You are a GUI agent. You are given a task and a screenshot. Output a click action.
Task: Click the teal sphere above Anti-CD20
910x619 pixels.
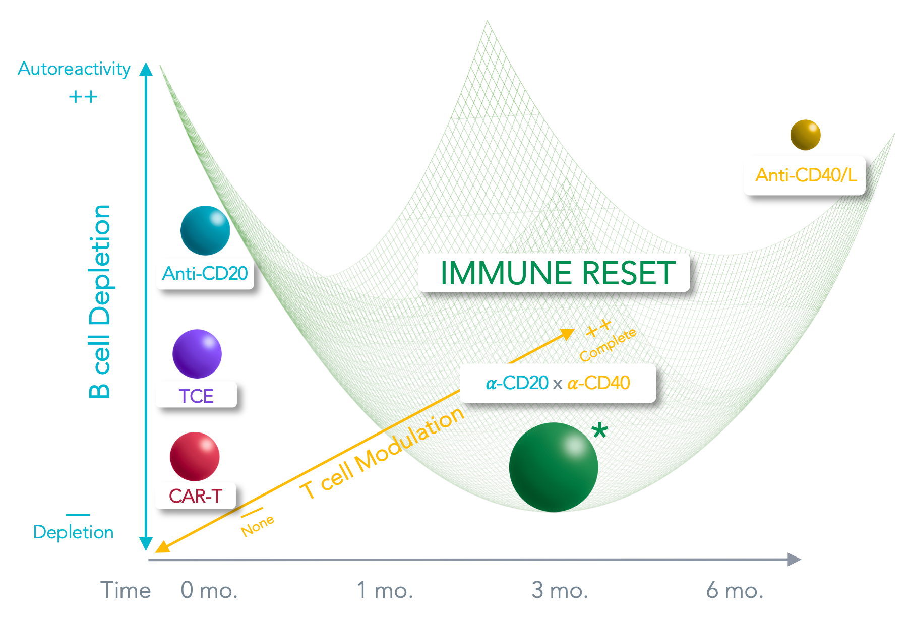(x=205, y=230)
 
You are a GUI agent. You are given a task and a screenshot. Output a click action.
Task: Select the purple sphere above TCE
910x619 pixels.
(x=197, y=354)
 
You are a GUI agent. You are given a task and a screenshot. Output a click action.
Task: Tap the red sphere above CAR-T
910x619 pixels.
(x=195, y=457)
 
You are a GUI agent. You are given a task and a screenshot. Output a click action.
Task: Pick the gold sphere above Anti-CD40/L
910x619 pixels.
(x=805, y=135)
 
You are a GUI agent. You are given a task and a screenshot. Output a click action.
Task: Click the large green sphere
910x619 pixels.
(x=553, y=467)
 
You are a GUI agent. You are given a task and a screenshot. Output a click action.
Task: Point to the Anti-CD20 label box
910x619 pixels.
(x=205, y=274)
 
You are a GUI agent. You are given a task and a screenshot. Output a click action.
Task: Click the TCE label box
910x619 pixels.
(x=196, y=395)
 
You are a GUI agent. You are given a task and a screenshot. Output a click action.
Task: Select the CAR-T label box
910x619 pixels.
(x=196, y=496)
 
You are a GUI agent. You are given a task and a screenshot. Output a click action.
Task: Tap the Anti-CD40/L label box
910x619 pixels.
(x=804, y=175)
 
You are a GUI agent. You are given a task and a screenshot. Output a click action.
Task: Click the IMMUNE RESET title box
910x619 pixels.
(x=554, y=273)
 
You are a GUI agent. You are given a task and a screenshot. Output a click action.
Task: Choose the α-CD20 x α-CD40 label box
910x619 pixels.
(x=558, y=383)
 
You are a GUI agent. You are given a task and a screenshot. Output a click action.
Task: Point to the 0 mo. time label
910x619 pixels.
(x=209, y=590)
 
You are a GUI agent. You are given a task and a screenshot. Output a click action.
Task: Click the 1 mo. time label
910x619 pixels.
(x=385, y=590)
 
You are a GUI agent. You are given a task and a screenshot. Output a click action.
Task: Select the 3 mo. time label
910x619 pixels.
(x=560, y=590)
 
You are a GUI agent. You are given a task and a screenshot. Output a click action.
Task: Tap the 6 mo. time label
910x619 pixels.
(x=735, y=590)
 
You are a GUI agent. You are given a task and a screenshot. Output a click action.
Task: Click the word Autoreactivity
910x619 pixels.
(x=74, y=69)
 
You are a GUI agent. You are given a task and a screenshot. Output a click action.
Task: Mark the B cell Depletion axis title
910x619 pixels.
(x=100, y=301)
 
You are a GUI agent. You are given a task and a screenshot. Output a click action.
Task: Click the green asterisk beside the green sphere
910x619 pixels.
(x=599, y=430)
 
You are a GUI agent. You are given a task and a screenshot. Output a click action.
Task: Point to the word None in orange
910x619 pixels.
(x=258, y=526)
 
